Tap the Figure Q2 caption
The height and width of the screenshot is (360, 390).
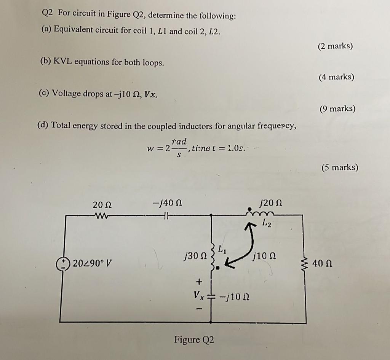[194, 339]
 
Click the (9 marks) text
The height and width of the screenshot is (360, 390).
[337, 109]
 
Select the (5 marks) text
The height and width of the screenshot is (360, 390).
[340, 167]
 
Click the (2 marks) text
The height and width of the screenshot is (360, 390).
[335, 46]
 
